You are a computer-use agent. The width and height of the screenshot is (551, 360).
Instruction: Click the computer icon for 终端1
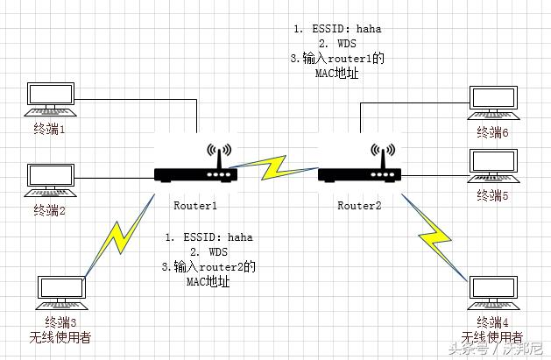[x=50, y=99]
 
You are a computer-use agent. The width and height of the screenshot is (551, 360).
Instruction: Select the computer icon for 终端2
[x=50, y=180]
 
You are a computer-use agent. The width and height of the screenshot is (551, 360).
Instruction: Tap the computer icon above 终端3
[x=61, y=293]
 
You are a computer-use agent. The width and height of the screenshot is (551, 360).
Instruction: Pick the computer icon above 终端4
[x=493, y=293]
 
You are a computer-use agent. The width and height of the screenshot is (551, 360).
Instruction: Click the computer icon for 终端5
[x=493, y=166]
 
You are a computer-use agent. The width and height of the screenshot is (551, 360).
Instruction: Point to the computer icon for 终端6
[x=493, y=102]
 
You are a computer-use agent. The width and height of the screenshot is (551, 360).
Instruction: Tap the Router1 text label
[x=195, y=206]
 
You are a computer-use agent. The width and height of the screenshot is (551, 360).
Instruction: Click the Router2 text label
[x=359, y=206]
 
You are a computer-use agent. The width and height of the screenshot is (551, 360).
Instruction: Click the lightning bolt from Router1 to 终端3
[x=119, y=235]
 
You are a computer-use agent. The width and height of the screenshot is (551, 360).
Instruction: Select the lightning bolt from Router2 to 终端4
[x=434, y=237]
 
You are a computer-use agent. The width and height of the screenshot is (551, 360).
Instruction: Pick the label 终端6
[x=492, y=132]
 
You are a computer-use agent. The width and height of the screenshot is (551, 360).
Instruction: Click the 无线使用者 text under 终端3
[x=60, y=337]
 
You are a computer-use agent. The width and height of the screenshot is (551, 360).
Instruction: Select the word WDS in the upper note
[x=347, y=44]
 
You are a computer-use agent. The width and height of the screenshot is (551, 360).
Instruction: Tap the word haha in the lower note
[x=240, y=237]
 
